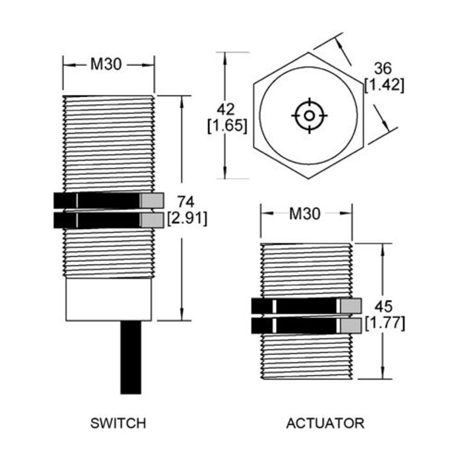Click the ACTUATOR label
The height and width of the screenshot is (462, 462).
click(x=325, y=423)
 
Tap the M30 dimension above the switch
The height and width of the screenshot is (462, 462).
click(x=108, y=64)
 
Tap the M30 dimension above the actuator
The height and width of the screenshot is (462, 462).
click(x=306, y=213)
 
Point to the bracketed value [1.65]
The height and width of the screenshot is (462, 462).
click(x=227, y=125)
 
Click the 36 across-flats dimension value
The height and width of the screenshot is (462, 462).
click(x=384, y=69)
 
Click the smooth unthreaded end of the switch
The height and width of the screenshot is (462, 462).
click(x=109, y=300)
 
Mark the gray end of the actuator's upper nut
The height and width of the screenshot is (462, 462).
click(x=350, y=306)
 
